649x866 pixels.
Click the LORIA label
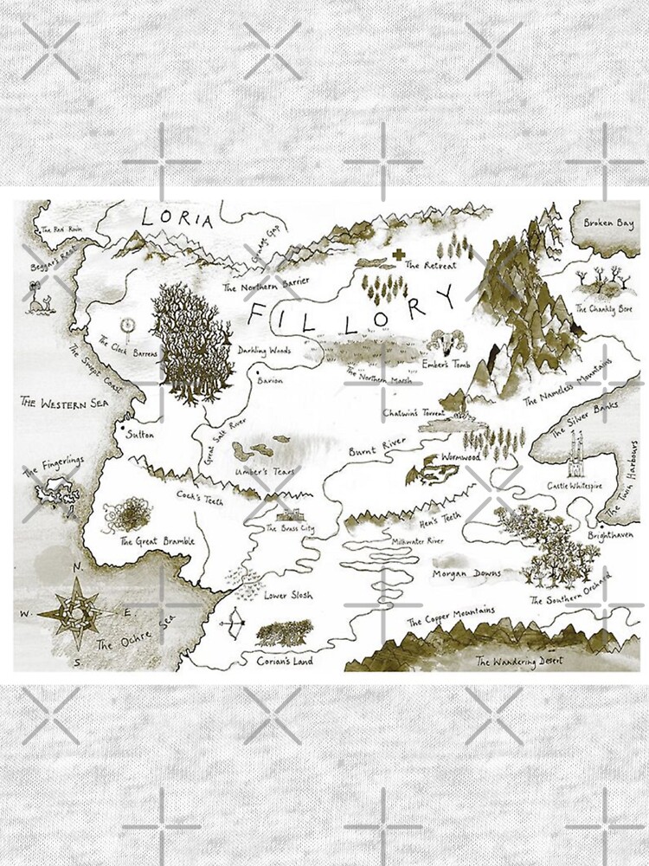coord(177,218)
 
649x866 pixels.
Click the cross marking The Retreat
coord(398,255)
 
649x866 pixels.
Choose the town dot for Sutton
coord(125,427)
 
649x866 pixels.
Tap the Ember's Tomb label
coord(446,365)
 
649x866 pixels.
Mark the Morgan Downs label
coord(466,572)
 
